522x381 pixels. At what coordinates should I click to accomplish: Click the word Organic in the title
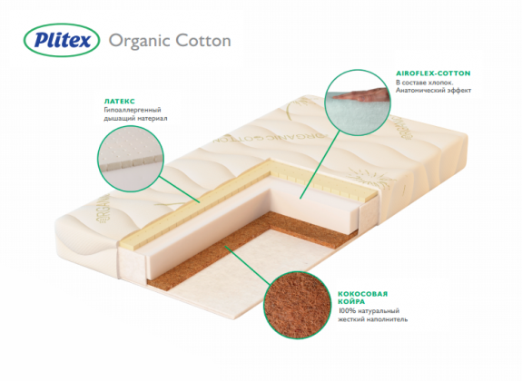pyautogui.click(x=140, y=41)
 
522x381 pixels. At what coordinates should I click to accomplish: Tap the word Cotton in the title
pyautogui.click(x=203, y=40)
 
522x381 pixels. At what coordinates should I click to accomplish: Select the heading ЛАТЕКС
pyautogui.click(x=120, y=102)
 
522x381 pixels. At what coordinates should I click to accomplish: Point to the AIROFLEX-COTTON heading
pyautogui.click(x=433, y=73)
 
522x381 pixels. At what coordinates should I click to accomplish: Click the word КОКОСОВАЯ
pyautogui.click(x=363, y=294)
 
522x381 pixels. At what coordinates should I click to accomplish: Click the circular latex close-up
pyautogui.click(x=131, y=159)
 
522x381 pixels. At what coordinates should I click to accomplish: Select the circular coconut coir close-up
pyautogui.click(x=297, y=305)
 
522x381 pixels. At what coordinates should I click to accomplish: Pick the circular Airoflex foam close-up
pyautogui.click(x=358, y=103)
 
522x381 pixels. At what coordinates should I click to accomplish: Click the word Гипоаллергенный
pyautogui.click(x=133, y=110)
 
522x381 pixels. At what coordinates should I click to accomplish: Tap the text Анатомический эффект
pyautogui.click(x=433, y=90)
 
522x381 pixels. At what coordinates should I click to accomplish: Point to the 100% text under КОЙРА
pyautogui.click(x=345, y=311)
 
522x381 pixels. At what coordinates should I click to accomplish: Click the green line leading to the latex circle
pyautogui.click(x=179, y=189)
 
